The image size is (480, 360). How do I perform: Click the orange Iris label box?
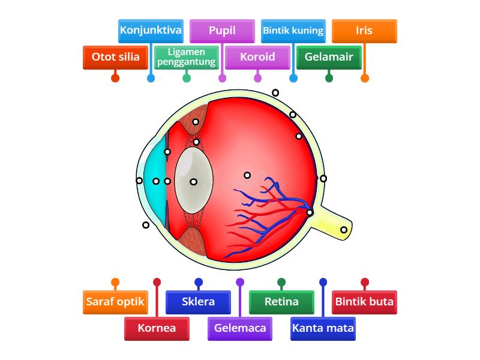[x=364, y=31]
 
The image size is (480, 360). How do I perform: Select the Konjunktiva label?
[x=151, y=31]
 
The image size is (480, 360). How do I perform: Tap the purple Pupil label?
[x=222, y=31]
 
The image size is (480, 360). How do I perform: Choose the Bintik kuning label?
[x=293, y=31]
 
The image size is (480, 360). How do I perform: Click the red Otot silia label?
[x=115, y=58]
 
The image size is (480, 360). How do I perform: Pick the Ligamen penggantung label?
[x=187, y=58]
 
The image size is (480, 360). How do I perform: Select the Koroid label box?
[x=257, y=58]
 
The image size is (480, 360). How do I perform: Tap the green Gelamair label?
[x=329, y=58]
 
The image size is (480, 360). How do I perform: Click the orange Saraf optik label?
[x=115, y=302]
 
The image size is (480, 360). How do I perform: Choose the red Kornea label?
[x=157, y=328]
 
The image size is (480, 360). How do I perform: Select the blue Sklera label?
[x=198, y=302]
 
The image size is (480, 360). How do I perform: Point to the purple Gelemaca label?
[x=240, y=328]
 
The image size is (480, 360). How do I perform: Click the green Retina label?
[x=281, y=302]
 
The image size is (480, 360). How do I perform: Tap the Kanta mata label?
[x=323, y=328]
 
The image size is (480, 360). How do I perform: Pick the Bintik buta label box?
[x=364, y=302]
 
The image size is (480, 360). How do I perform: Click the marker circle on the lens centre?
[x=194, y=181]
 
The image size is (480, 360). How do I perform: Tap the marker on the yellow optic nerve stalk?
[x=344, y=230]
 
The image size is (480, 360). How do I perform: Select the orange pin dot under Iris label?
[x=365, y=78]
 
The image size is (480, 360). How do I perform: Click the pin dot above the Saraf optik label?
[x=115, y=282]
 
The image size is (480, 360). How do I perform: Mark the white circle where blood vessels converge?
[x=310, y=212]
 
